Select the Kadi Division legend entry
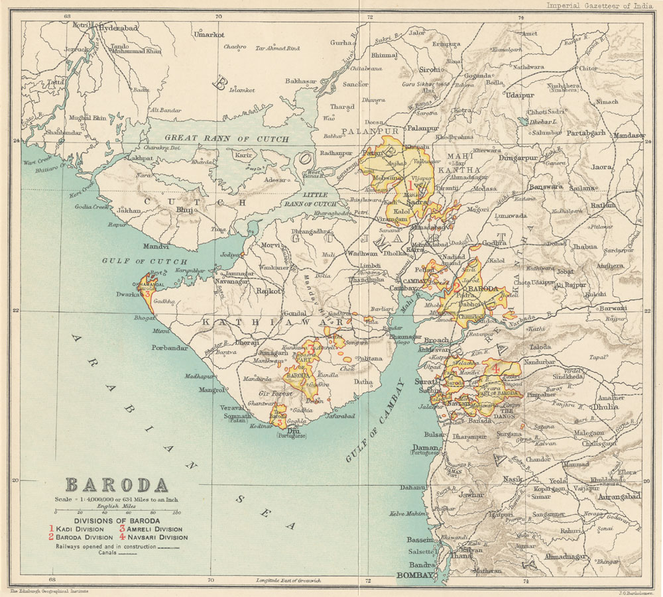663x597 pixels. (80, 529)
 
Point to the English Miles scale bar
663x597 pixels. (117, 512)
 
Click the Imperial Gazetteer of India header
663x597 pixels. (599, 6)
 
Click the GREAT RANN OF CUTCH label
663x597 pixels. (227, 139)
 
